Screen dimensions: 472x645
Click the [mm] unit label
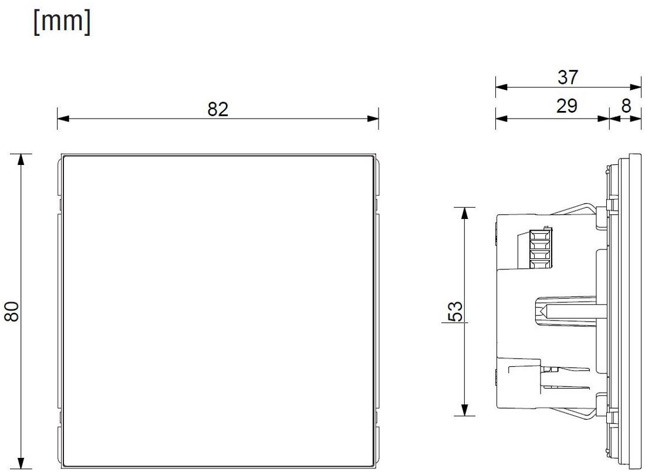click(x=62, y=23)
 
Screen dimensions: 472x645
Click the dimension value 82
click(x=218, y=109)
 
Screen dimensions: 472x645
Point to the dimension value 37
click(x=568, y=77)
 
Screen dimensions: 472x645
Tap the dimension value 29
click(x=568, y=106)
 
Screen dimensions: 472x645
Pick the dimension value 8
click(x=626, y=106)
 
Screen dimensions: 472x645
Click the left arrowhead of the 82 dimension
click(x=63, y=119)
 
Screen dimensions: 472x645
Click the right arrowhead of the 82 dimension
click(x=373, y=119)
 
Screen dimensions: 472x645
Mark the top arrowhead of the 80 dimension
click(x=22, y=160)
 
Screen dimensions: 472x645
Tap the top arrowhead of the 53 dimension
click(x=465, y=213)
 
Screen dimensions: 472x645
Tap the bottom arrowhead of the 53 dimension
click(x=465, y=410)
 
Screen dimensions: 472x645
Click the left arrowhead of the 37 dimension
click(x=501, y=87)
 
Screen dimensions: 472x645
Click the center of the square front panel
click(x=217, y=311)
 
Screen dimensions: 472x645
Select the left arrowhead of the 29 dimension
click(x=501, y=118)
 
